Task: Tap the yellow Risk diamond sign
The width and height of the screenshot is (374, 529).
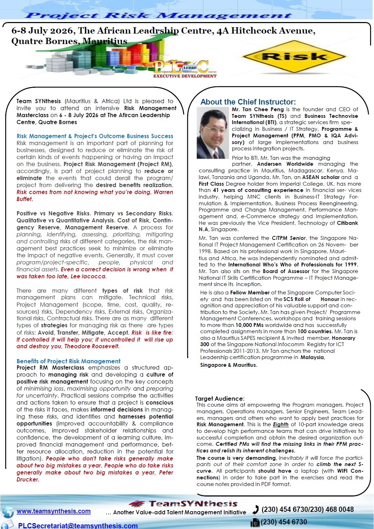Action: coord(294,56)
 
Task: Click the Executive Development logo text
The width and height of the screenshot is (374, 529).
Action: coord(185,76)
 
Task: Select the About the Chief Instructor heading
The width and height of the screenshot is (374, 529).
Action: coord(248,102)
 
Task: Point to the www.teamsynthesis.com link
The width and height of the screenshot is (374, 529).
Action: coord(54,511)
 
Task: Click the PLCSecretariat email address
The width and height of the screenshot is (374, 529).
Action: coord(78,526)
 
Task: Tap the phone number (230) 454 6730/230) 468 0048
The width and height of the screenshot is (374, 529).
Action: coord(308,509)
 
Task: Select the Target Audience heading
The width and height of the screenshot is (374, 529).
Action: coord(219,399)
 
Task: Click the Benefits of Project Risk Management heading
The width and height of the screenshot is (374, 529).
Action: coord(69,361)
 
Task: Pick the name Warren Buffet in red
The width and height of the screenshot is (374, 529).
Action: coord(94,195)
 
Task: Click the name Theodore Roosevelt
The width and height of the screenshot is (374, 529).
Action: coord(92,346)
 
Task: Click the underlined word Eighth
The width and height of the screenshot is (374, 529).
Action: coord(281,424)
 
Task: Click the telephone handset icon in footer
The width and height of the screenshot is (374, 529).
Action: coord(256,509)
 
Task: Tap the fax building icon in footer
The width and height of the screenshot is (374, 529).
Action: coord(255,523)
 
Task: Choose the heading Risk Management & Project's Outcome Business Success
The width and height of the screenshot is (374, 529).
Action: coord(95,136)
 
